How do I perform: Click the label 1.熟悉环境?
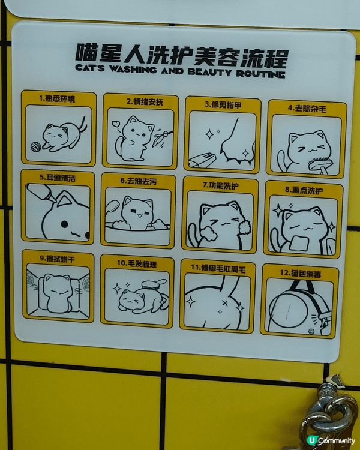(57, 98)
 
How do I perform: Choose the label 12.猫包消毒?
(299, 273)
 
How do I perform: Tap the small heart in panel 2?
(115, 124)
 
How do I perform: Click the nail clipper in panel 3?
(202, 159)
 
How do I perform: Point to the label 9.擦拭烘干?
(57, 258)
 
